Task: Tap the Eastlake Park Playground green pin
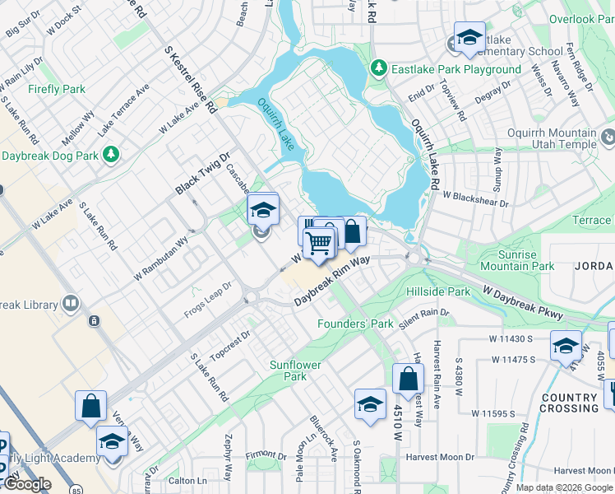(x=379, y=68)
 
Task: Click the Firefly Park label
(x=57, y=89)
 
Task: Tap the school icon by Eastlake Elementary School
(x=469, y=38)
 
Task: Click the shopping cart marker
(x=319, y=242)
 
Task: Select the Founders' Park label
(x=356, y=324)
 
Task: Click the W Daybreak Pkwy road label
(x=523, y=303)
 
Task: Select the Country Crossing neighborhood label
(x=569, y=403)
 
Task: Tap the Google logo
(x=27, y=484)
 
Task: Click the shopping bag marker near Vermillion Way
(x=90, y=406)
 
